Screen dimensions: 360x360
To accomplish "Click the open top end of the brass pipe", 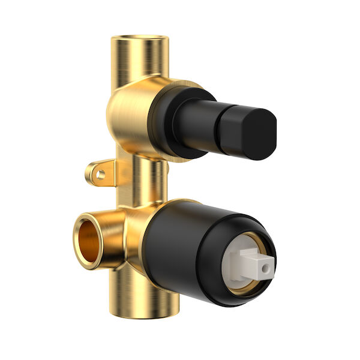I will [x=140, y=40].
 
